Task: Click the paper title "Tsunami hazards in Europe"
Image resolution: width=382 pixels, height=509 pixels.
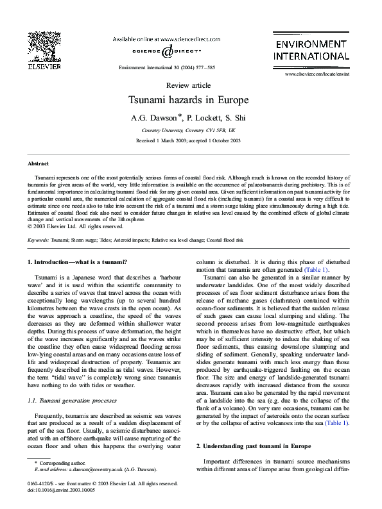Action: coord(190,101)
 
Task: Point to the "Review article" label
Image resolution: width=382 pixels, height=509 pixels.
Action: coord(190,85)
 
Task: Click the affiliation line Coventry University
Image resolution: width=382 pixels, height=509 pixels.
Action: coord(190,129)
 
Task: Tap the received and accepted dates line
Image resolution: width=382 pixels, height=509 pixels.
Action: coord(190,140)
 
